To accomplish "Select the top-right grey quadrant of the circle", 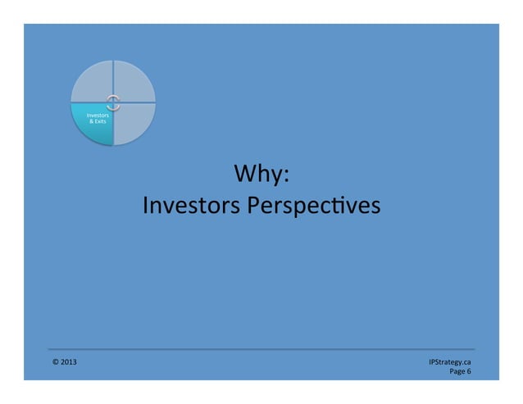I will click(133, 84).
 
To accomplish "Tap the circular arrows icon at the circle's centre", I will click(113, 102).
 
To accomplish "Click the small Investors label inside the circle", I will click(98, 116).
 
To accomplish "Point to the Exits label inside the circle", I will click(102, 122).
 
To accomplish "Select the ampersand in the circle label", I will click(92, 122).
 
